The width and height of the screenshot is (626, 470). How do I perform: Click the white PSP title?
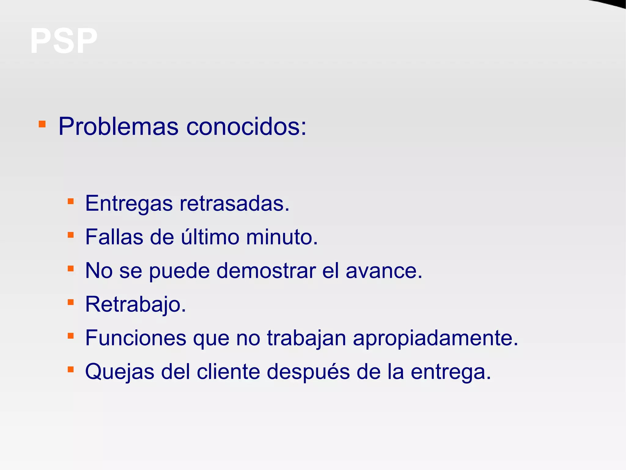tap(64, 41)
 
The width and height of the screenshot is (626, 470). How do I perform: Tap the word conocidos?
tap(246, 126)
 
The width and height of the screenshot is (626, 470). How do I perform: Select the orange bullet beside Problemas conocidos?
tap(42, 124)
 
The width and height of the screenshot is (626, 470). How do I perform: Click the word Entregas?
tap(129, 204)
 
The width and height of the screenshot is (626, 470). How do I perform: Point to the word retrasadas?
tap(234, 204)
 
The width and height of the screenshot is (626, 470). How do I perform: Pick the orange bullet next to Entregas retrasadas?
tap(71, 201)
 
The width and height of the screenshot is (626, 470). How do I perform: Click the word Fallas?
tap(114, 237)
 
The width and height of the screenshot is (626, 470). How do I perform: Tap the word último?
tap(210, 237)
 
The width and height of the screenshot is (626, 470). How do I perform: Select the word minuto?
tap(282, 237)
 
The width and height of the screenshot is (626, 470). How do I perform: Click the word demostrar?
tap(266, 271)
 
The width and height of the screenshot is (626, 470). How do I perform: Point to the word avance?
tap(384, 271)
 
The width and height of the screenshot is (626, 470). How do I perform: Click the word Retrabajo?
tap(135, 304)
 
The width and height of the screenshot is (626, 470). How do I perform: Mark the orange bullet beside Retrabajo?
tap(71, 303)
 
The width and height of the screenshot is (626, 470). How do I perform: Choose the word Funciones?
tap(136, 338)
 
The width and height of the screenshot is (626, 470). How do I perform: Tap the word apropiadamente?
tap(436, 338)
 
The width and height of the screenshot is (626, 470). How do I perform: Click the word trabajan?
tap(307, 338)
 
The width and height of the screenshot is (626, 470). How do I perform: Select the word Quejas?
tap(120, 372)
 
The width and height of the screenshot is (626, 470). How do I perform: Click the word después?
tap(308, 372)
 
